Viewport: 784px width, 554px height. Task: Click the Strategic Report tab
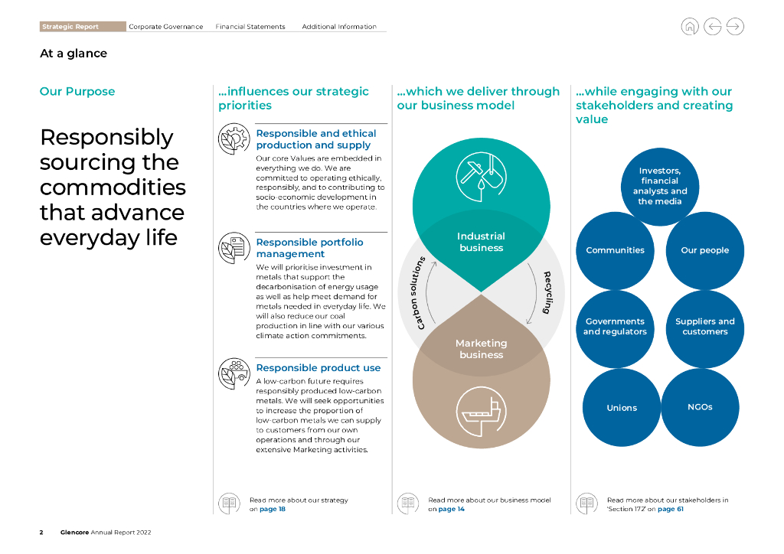click(71, 27)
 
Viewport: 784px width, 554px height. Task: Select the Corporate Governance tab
click(165, 27)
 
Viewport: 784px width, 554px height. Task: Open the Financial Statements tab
click(250, 27)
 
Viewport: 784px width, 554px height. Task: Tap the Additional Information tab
click(339, 27)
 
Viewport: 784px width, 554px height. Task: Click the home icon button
click(690, 27)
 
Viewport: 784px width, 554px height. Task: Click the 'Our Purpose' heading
click(77, 92)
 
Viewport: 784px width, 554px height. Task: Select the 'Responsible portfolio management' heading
click(309, 248)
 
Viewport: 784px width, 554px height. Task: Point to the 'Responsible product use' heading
click(318, 368)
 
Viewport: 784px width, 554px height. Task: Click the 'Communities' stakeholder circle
click(615, 250)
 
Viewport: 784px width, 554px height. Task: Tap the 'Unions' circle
click(622, 408)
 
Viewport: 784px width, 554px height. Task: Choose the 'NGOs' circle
click(700, 407)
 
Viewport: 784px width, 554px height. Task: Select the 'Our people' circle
click(704, 250)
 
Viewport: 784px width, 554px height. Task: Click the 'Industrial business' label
click(481, 242)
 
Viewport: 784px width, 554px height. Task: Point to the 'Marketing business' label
click(481, 349)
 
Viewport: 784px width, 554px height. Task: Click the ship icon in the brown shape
click(481, 415)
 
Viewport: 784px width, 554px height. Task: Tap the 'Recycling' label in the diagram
click(547, 292)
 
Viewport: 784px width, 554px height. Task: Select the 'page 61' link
click(670, 509)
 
